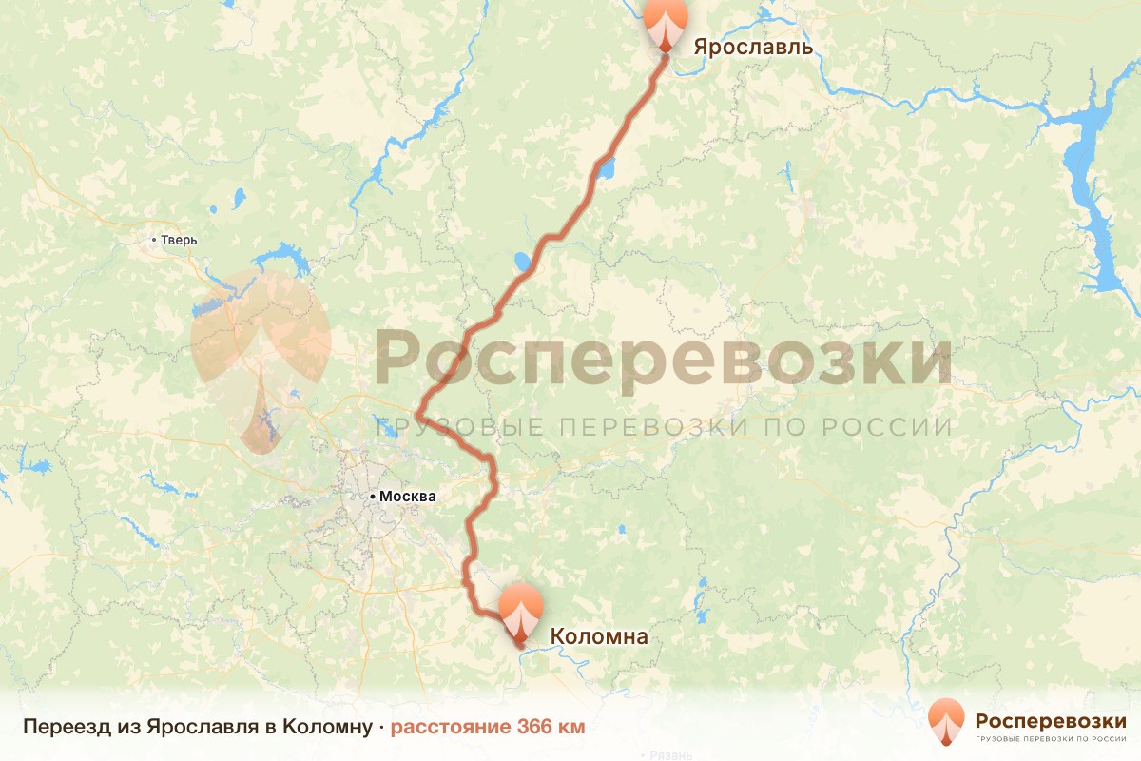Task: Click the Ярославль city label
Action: [753, 47]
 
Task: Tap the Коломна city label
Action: [599, 636]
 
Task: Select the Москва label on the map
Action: [407, 496]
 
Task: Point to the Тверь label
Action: [179, 240]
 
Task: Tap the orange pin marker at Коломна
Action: [521, 610]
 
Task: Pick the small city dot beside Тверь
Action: [155, 240]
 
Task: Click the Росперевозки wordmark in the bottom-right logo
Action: [1051, 720]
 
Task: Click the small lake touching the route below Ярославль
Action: [605, 171]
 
